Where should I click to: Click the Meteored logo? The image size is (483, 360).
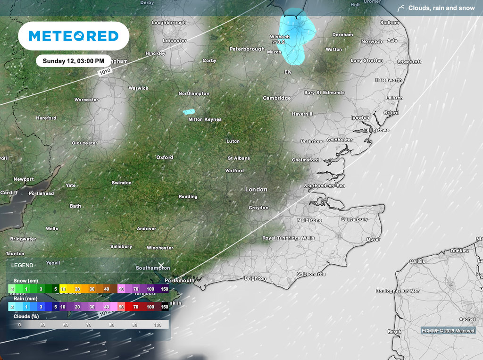[74, 36]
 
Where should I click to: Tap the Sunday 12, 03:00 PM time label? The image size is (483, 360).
[74, 61]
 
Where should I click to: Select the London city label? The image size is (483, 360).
[256, 189]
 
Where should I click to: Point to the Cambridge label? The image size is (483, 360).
[277, 98]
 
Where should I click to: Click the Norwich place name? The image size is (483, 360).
[372, 42]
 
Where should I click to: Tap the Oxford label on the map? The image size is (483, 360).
[165, 157]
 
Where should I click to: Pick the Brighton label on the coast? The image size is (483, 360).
[255, 278]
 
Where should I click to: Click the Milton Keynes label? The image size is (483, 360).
[205, 119]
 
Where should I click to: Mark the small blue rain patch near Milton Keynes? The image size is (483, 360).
[189, 112]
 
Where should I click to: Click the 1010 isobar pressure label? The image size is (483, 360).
[105, 72]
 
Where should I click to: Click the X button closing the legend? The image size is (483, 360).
[161, 266]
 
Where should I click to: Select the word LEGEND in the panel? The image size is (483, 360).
[22, 266]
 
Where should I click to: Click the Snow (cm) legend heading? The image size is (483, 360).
[26, 281]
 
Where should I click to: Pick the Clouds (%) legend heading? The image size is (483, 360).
[26, 317]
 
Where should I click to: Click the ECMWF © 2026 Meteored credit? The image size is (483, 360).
[448, 331]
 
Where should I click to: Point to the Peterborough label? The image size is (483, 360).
[247, 49]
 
